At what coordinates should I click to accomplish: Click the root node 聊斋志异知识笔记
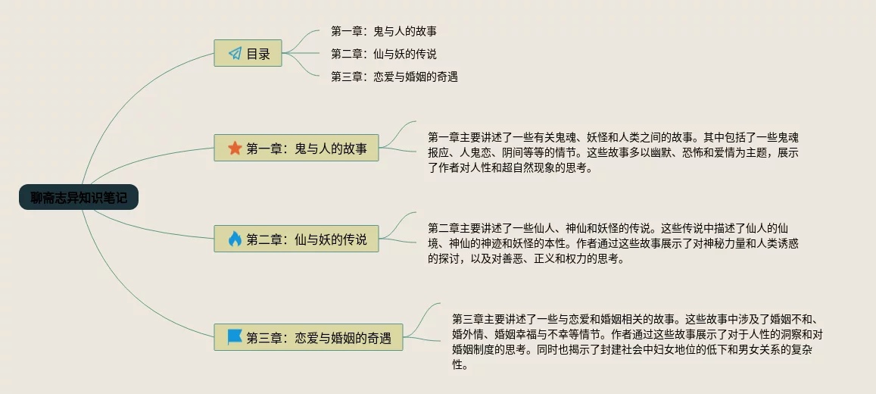(x=79, y=198)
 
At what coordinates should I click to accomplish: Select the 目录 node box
(x=248, y=54)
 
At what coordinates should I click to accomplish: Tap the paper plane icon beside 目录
(x=235, y=54)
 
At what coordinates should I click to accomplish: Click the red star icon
(x=235, y=149)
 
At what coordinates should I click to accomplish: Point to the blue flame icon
(x=235, y=239)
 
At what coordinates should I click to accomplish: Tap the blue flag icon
(x=235, y=337)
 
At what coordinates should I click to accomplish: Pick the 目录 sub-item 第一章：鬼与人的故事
(x=383, y=31)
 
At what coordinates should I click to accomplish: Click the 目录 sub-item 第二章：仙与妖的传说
(x=383, y=54)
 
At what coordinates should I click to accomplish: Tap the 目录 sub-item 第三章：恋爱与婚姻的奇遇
(x=394, y=77)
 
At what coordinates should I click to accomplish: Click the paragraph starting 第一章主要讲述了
(x=613, y=152)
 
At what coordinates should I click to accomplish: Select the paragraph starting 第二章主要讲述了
(x=613, y=243)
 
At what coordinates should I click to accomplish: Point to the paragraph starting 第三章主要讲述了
(x=636, y=341)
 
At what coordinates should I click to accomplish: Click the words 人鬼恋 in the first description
(x=476, y=152)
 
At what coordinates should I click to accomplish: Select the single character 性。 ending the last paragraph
(x=458, y=364)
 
